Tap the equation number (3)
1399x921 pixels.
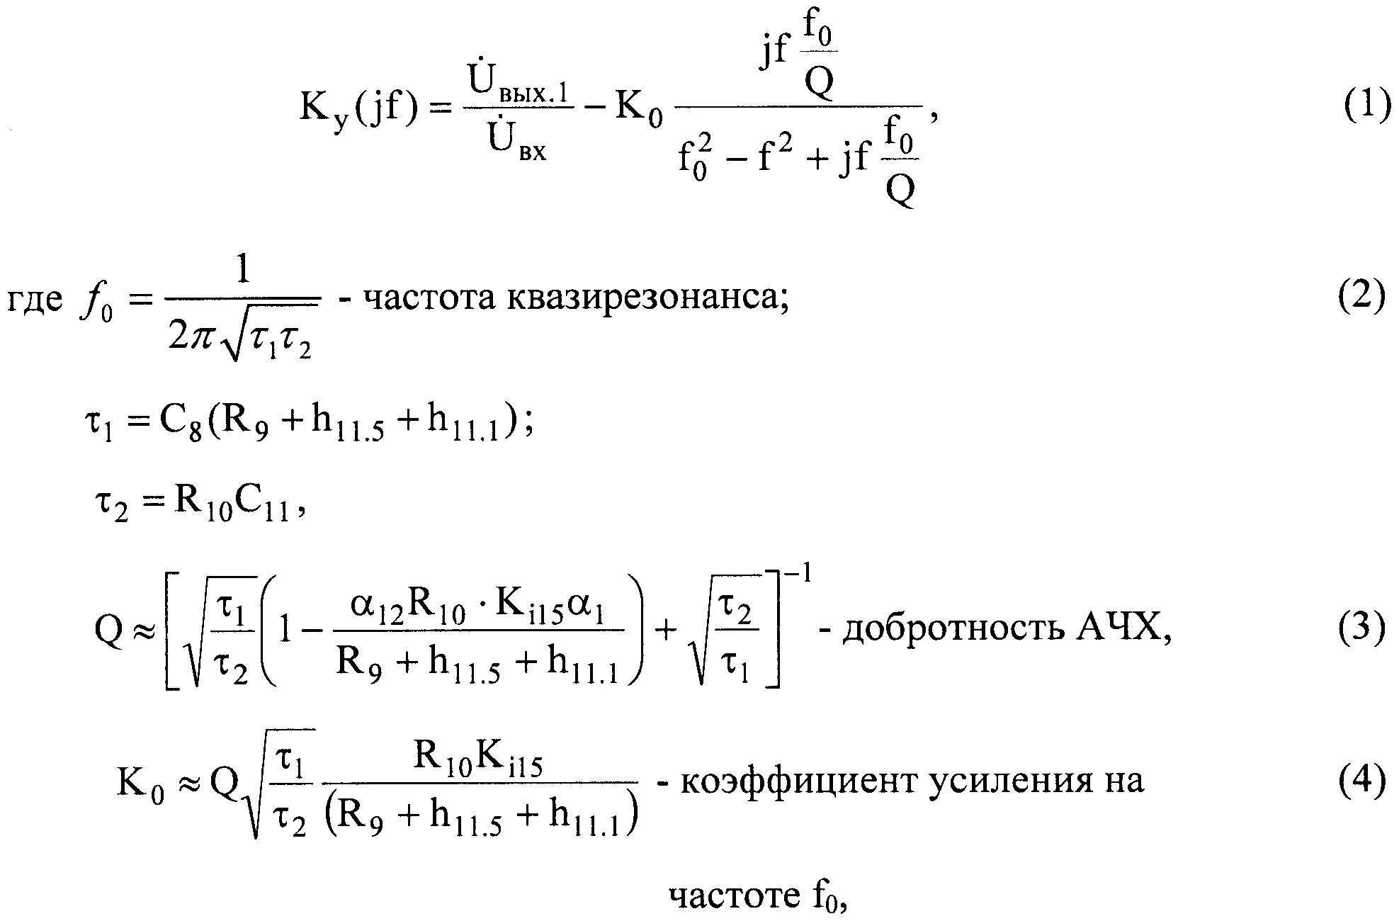1361,629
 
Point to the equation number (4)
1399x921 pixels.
1361,783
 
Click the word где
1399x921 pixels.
35,300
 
